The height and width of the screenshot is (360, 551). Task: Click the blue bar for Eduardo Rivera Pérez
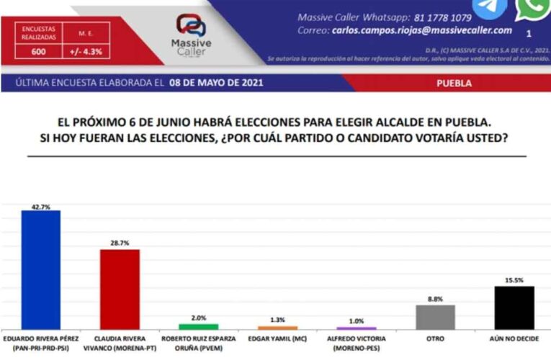click(40, 269)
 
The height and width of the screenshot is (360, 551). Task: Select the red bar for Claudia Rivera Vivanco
click(120, 289)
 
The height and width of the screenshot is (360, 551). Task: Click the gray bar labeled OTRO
click(436, 317)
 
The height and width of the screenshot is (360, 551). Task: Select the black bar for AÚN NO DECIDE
click(514, 307)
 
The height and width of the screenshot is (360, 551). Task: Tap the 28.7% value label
click(120, 243)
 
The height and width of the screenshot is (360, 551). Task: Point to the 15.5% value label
click(514, 279)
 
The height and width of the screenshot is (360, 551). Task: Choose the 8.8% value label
click(436, 298)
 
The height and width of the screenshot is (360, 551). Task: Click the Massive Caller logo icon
click(191, 26)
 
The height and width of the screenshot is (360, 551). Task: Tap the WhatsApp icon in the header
click(532, 9)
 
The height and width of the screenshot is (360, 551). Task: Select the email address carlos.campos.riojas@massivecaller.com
click(422, 31)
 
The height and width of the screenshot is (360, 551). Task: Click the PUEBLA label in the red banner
click(454, 83)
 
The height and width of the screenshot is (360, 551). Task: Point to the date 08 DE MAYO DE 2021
click(217, 83)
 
